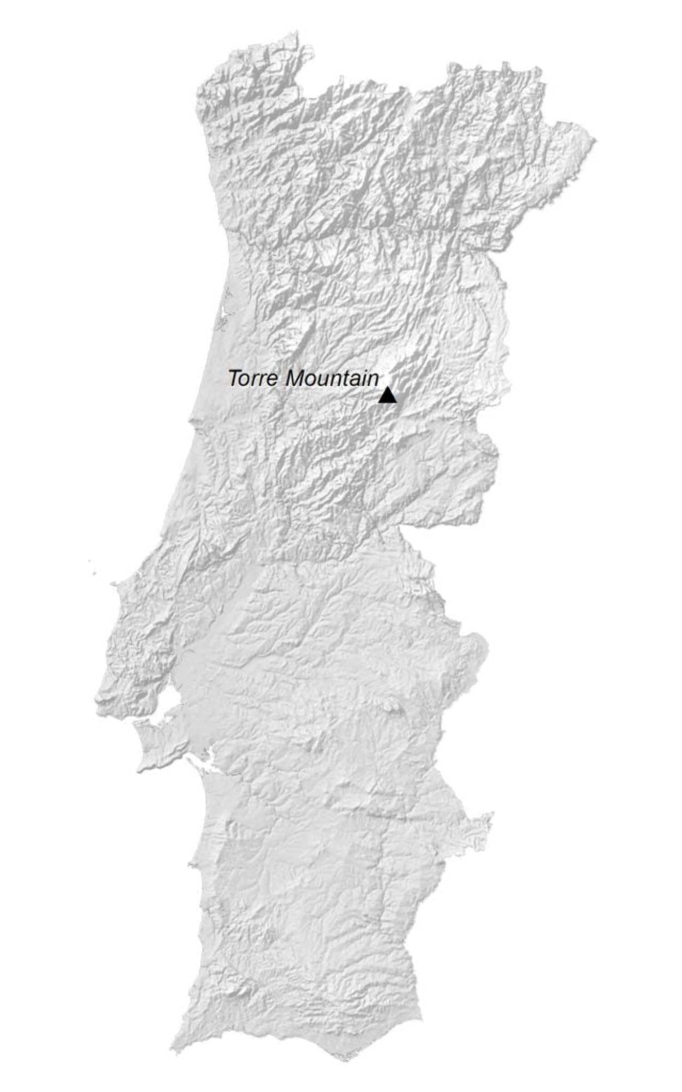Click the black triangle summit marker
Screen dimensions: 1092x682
pos(387,395)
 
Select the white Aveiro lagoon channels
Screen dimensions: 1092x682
pos(223,314)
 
